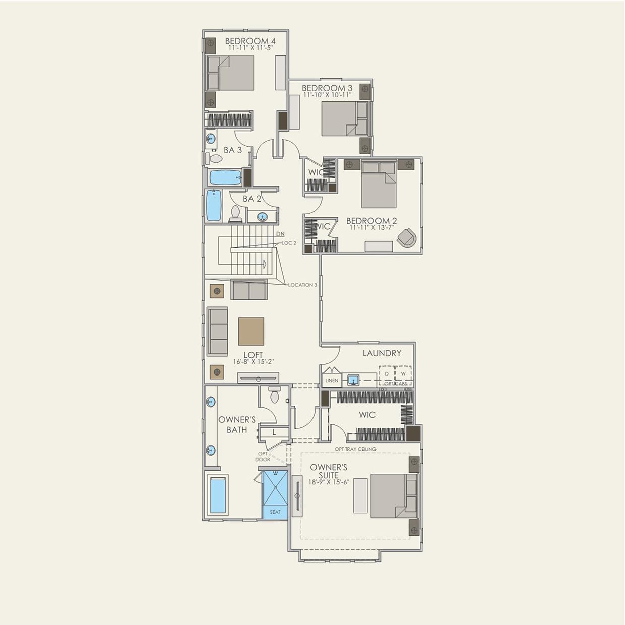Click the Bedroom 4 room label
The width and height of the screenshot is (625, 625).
[250, 41]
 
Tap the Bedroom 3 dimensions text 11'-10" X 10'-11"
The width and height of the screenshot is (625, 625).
[327, 95]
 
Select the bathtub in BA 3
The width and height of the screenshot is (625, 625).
[225, 177]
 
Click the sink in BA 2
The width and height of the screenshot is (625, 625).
[263, 217]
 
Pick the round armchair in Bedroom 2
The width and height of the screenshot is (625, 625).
[407, 237]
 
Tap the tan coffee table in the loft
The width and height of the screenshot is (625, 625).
[251, 331]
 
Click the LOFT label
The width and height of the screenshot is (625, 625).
[253, 355]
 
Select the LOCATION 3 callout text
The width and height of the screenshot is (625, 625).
[302, 285]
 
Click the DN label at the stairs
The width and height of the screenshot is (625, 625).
[280, 234]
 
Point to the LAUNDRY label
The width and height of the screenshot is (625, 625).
[382, 353]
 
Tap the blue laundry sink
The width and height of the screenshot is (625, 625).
[353, 380]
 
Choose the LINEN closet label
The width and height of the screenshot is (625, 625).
[332, 380]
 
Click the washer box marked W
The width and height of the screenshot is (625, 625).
[403, 374]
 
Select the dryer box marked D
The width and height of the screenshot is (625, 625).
[387, 374]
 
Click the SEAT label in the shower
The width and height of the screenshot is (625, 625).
[275, 512]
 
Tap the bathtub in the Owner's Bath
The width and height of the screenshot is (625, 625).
[218, 495]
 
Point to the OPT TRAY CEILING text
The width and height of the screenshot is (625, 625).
[355, 449]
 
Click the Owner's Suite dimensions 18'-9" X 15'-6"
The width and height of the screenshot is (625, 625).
[329, 482]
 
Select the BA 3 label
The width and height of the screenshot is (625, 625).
[232, 150]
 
